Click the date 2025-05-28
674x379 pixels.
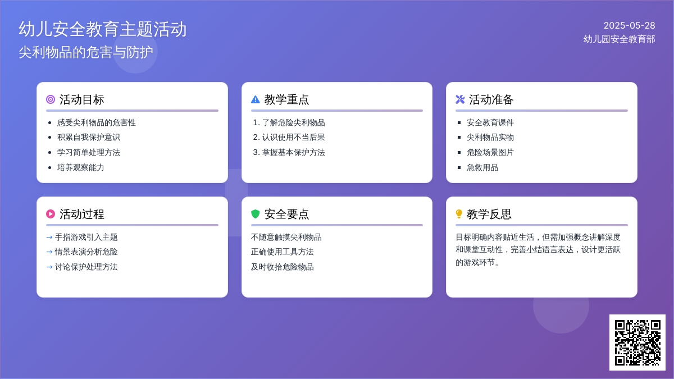(x=629, y=26)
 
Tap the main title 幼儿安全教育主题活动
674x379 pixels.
(x=103, y=29)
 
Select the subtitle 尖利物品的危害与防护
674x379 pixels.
(x=86, y=52)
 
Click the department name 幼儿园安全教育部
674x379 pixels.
(x=619, y=39)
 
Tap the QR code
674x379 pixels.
(x=637, y=343)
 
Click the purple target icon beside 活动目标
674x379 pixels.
(x=51, y=99)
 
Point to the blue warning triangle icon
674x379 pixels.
(x=255, y=99)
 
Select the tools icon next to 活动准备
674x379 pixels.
(x=460, y=99)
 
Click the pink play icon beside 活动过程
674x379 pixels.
(x=51, y=214)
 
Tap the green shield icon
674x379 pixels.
(x=255, y=214)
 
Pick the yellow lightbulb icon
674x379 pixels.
(x=459, y=214)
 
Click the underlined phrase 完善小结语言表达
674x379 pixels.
(x=542, y=250)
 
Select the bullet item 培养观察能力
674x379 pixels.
(x=81, y=167)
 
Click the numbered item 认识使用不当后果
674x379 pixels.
(x=293, y=138)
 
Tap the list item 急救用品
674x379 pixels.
(x=482, y=167)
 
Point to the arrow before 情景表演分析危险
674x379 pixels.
(x=49, y=252)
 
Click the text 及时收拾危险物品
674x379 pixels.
(x=282, y=267)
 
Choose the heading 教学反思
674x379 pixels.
(x=489, y=214)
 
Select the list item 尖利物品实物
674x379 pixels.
(x=490, y=138)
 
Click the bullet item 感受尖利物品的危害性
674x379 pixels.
(x=96, y=123)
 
